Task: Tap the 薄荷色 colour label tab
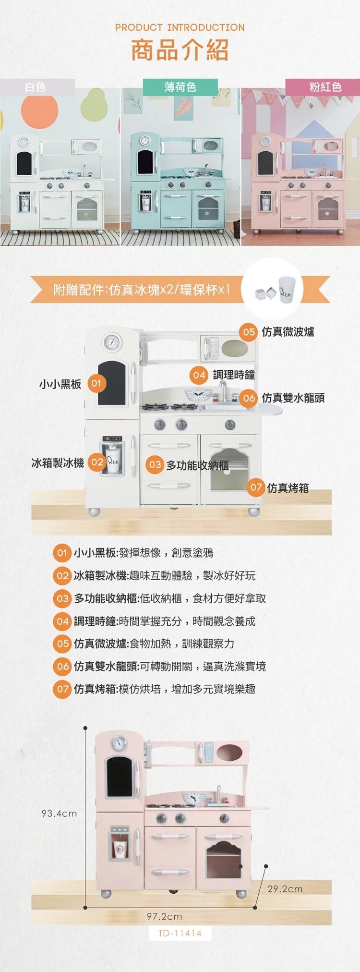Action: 180,87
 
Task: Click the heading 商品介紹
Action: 180,50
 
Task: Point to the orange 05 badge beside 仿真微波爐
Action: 249,332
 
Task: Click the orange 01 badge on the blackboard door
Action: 96,383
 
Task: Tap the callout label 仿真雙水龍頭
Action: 293,398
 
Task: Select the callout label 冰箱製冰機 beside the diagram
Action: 58,462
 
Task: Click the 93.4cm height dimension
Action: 59,814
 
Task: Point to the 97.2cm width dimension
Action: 164,916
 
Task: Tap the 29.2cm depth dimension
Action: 285,889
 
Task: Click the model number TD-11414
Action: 180,934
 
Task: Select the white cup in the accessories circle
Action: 287,290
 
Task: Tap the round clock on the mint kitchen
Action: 144,141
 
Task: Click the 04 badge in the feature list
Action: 62,621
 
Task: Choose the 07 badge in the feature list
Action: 62,689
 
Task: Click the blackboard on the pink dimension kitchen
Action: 119,777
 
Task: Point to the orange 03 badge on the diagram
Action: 155,464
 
